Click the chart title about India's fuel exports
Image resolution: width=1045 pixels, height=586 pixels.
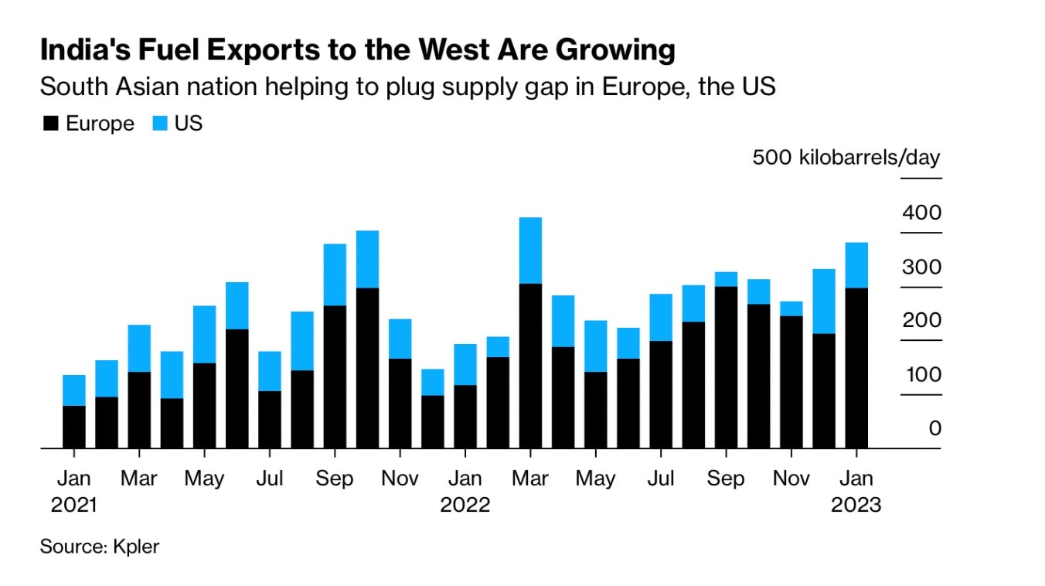point(357,50)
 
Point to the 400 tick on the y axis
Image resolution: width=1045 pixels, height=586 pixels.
point(921,212)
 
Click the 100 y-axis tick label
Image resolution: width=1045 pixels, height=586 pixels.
point(921,374)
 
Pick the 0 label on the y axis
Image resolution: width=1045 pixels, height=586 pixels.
point(934,428)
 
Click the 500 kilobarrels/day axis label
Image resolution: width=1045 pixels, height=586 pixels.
point(846,158)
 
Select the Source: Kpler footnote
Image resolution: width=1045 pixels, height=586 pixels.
point(99,547)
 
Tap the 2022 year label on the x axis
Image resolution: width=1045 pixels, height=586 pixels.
point(465,505)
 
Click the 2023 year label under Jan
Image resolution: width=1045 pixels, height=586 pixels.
point(856,505)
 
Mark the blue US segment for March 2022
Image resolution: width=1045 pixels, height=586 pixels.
point(530,250)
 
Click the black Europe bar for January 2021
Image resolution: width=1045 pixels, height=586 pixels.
point(74,427)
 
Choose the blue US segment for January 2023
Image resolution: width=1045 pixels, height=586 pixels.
point(856,265)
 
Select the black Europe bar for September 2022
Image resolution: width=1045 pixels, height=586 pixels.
point(726,367)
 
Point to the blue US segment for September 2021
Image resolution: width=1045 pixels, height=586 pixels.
point(335,274)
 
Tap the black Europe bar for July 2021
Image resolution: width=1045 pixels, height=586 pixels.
point(270,420)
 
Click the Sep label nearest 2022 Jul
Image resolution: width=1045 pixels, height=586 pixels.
point(726,479)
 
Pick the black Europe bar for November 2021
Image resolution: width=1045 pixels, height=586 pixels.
point(400,404)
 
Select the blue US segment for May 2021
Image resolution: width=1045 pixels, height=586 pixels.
point(204,334)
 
